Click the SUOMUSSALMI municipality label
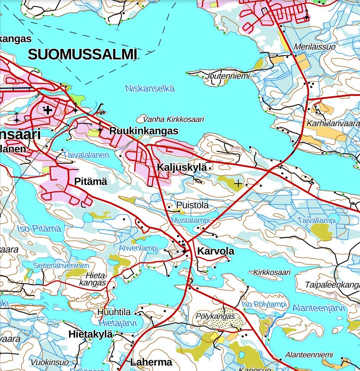[82, 55]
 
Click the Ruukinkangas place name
[144, 131]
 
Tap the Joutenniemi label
[228, 76]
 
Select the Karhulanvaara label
[333, 124]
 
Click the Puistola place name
[192, 205]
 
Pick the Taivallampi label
[317, 220]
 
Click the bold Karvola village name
[216, 252]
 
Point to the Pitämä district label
[90, 182]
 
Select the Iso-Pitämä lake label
[39, 229]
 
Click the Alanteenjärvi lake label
[318, 308]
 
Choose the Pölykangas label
[215, 316]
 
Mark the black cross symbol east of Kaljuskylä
[238, 184]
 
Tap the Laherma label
[151, 362]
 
